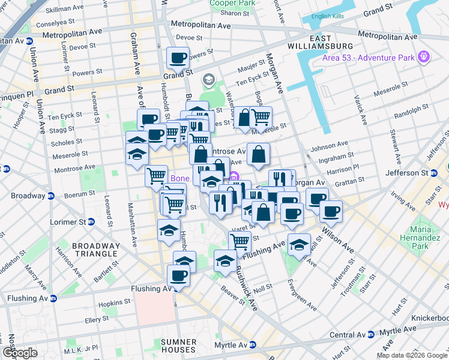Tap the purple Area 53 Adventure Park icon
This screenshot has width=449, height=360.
[x=424, y=56]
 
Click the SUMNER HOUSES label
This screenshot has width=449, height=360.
[x=178, y=345]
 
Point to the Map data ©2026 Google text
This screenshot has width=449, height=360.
[x=412, y=355]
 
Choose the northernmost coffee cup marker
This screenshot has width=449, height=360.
[x=178, y=58]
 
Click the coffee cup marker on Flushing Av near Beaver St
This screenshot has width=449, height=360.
[x=178, y=276]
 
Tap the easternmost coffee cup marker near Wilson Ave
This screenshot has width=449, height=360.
[x=331, y=211]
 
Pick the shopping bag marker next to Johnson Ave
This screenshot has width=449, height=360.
[x=258, y=154]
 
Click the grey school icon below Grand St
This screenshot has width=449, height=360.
[x=209, y=79]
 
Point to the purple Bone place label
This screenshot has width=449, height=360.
[x=180, y=178]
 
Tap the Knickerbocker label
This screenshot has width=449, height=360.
[x=429, y=317]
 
